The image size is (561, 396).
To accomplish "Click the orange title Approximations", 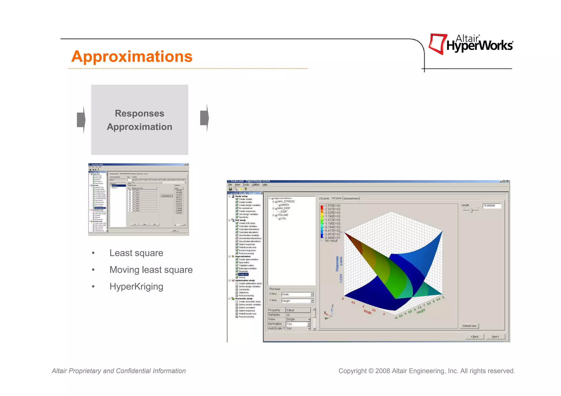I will click(132, 57).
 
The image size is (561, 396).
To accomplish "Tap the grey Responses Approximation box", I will click(139, 120).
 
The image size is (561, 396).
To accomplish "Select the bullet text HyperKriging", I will click(136, 287).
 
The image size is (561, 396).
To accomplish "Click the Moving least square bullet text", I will click(151, 270).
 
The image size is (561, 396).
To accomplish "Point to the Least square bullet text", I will click(136, 253).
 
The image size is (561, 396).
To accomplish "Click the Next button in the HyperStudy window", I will click(495, 337).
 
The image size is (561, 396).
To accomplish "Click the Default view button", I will click(469, 326).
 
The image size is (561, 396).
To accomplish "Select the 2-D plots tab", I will click(324, 198).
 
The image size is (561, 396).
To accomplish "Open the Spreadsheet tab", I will click(351, 198).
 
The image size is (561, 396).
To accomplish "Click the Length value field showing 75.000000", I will click(492, 206).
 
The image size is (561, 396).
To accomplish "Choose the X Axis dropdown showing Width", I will click(297, 294).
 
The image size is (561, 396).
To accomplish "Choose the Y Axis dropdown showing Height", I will click(297, 301).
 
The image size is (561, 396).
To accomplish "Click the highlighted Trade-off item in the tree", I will click(243, 274).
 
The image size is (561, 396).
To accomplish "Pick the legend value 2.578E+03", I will click(333, 206).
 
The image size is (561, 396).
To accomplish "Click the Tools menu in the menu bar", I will click(246, 185).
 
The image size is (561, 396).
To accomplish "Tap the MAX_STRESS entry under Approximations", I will click(286, 201).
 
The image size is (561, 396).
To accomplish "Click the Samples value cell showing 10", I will click(298, 315).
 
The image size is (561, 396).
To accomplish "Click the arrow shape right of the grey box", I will click(205, 118).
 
